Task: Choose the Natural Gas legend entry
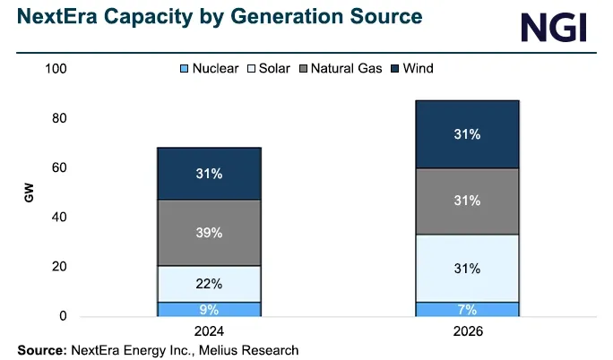coord(344,68)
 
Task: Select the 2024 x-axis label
coord(209,332)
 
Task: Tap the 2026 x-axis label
coord(467,332)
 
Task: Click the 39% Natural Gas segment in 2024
coord(209,232)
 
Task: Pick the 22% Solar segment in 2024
coord(209,283)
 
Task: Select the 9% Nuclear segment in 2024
coord(209,309)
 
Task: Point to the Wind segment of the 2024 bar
coord(209,174)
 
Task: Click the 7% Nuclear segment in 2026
coord(467,310)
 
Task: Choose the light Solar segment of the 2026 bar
coord(467,269)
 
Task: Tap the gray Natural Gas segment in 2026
coord(467,201)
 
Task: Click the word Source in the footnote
coord(41,349)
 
